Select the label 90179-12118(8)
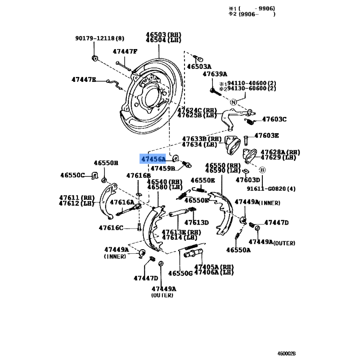99,39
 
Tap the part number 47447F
125,51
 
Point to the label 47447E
84,80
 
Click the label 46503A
199,67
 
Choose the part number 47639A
215,74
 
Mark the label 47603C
274,119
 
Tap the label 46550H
106,163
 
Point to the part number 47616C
111,228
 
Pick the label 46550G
180,273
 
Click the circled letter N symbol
234,102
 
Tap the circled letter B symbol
262,170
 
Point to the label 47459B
162,169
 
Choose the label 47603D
248,180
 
